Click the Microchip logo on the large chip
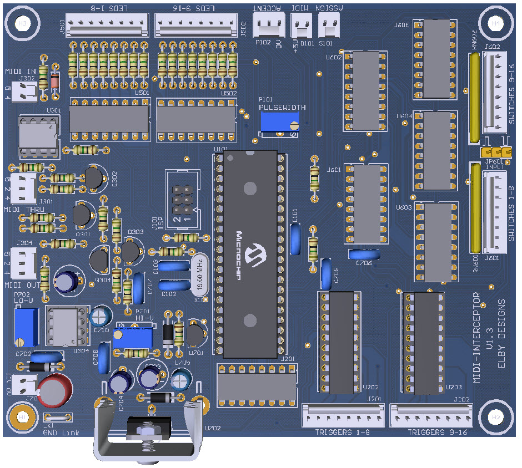pyautogui.click(x=255, y=253)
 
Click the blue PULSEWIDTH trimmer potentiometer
pyautogui.click(x=279, y=121)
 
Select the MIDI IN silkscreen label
pyautogui.click(x=21, y=72)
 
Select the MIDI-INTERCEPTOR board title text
pyautogui.click(x=476, y=337)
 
